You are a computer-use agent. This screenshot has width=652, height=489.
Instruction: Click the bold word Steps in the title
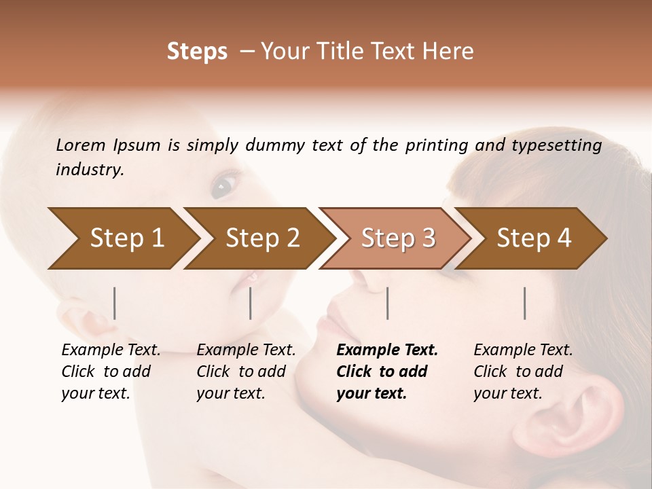197,52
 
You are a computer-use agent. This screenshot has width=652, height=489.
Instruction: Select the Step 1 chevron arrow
122,238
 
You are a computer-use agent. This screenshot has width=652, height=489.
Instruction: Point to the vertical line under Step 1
115,303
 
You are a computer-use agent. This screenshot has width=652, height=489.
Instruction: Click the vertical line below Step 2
251,303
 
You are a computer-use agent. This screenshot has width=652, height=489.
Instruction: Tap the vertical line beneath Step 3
387,303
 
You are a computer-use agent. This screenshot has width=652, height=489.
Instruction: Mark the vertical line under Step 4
525,303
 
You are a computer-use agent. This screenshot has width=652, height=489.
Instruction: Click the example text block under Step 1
110,372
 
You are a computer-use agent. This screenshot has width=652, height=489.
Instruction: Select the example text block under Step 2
245,372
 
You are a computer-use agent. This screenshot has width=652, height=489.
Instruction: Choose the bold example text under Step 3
386,372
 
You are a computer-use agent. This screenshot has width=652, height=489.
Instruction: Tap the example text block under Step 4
522,372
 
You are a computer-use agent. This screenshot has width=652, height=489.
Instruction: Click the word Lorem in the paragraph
81,145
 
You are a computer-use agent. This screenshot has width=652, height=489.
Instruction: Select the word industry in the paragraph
90,170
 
